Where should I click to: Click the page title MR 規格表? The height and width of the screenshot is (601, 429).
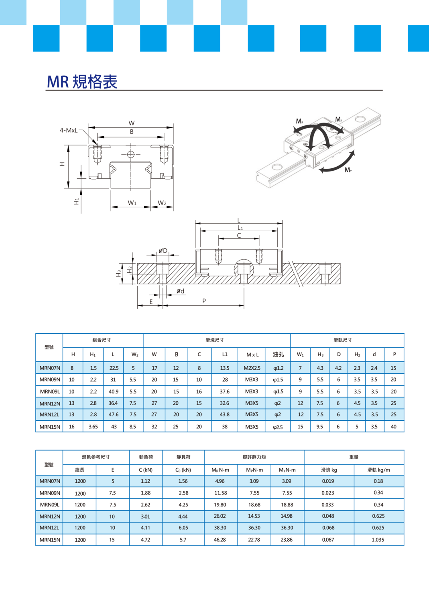(82, 82)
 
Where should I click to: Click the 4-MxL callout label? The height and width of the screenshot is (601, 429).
(69, 130)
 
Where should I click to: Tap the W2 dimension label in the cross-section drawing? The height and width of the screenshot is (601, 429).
(162, 203)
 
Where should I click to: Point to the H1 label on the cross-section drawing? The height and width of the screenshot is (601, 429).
(76, 201)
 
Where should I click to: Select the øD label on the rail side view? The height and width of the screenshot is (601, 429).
(163, 251)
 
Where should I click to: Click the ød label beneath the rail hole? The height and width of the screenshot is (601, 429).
(181, 291)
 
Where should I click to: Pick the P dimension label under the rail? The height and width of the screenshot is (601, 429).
(204, 301)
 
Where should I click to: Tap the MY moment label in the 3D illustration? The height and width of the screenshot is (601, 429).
(348, 170)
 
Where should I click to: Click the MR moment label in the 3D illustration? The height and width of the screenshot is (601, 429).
(299, 121)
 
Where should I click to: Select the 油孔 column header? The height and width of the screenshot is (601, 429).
(278, 354)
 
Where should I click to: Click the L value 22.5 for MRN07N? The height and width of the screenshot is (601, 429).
(114, 368)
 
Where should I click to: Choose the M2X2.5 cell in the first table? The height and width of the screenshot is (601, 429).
(252, 368)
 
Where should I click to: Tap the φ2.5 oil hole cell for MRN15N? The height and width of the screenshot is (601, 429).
(278, 427)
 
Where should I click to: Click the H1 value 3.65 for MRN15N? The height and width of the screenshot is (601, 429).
(93, 427)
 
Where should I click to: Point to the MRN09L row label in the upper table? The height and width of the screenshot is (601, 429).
(50, 391)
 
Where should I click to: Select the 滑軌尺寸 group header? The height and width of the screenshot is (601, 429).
(343, 340)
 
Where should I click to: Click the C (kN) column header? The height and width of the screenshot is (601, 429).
(146, 470)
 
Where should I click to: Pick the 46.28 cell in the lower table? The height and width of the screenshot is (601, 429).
(220, 540)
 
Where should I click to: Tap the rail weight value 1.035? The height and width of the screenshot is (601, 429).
(378, 540)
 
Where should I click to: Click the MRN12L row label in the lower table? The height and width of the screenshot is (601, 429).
(49, 528)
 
